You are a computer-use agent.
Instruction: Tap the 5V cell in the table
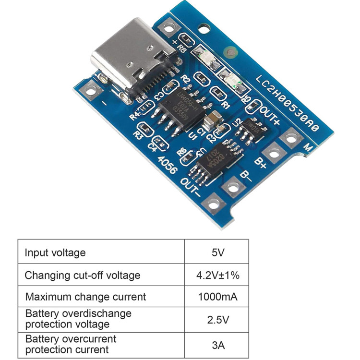tap(217, 252)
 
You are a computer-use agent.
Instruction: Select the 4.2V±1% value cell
tap(217, 275)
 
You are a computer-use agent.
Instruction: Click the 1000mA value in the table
tap(217, 297)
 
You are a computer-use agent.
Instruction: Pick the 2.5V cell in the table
tap(217, 319)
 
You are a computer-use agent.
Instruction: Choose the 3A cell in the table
tap(217, 344)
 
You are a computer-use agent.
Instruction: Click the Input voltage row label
tap(55, 252)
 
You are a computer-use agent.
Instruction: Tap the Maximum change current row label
tap(85, 297)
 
